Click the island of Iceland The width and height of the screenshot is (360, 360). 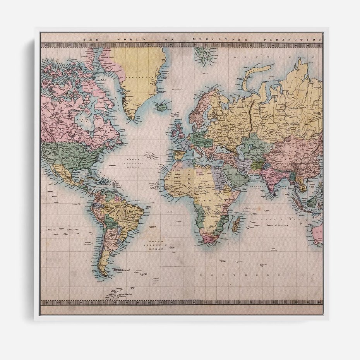pos(160,106)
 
